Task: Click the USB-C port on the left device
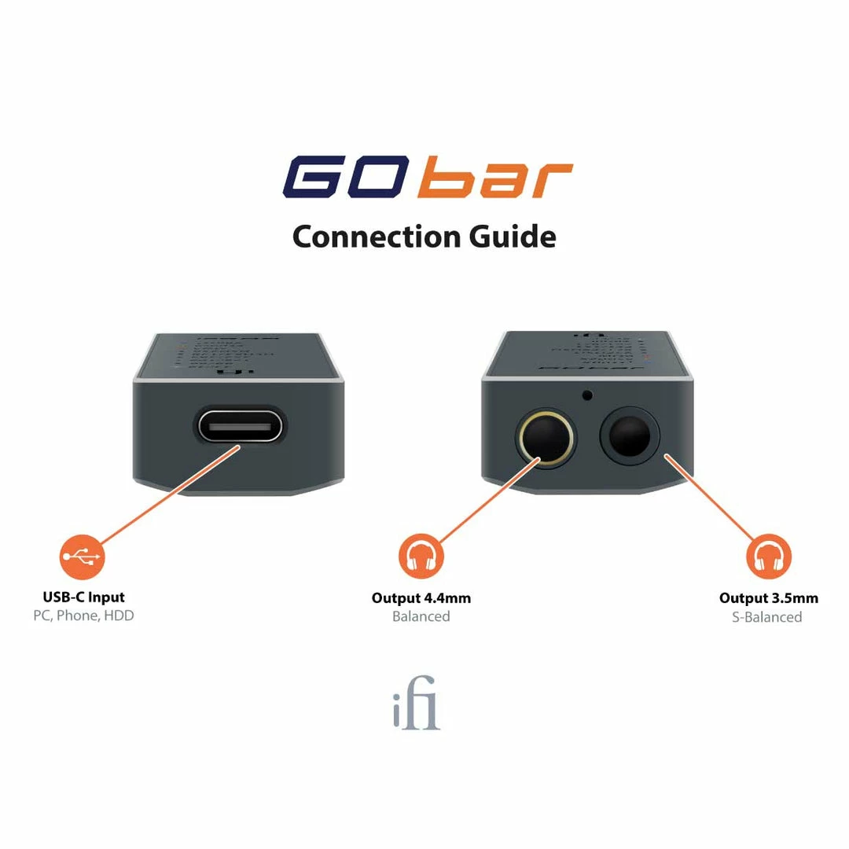tap(241, 428)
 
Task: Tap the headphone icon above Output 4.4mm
tap(421, 557)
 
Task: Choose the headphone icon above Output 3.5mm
tap(768, 557)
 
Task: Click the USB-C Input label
tap(83, 597)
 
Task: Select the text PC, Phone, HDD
tap(83, 616)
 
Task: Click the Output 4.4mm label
tap(421, 598)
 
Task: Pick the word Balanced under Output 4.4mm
tap(421, 616)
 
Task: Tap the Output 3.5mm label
tap(768, 598)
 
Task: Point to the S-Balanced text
tap(767, 617)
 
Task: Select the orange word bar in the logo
tap(494, 178)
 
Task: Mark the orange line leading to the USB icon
tap(169, 494)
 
